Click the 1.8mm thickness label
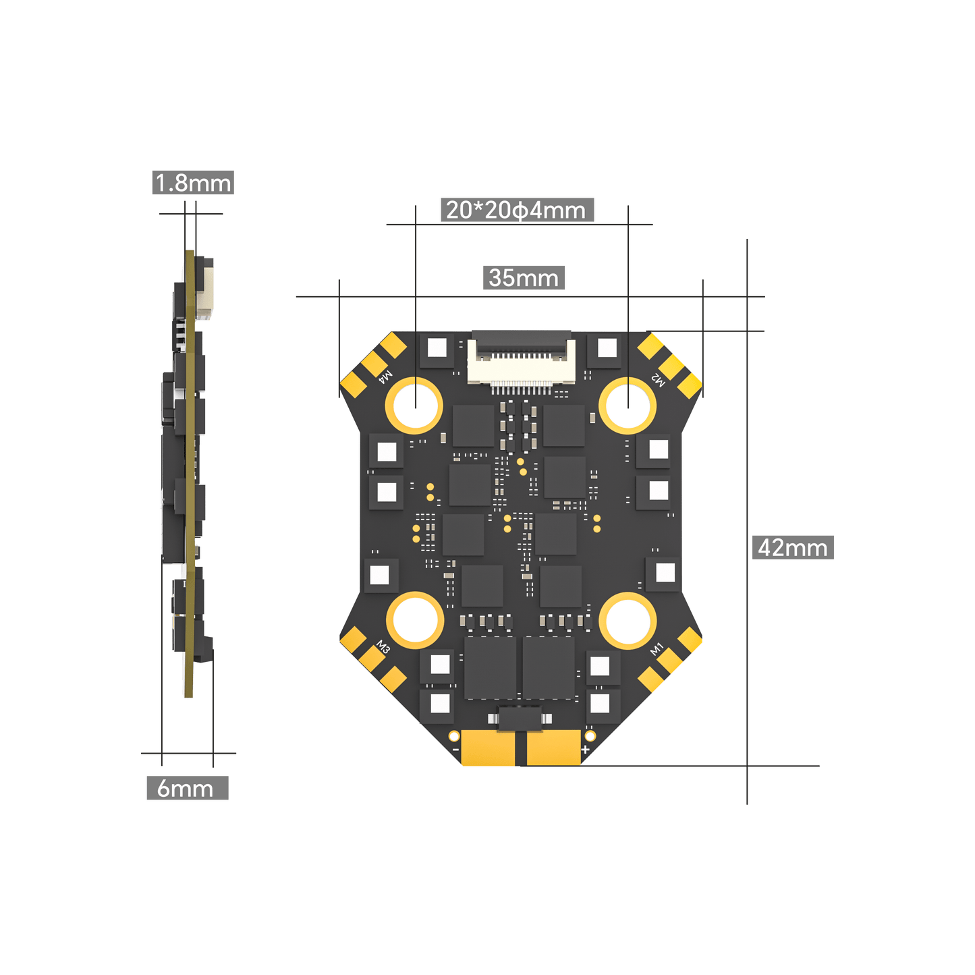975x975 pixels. [193, 183]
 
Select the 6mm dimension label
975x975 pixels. [187, 788]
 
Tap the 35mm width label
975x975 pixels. [524, 278]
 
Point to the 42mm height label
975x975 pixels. [793, 547]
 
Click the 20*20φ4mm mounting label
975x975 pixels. [516, 210]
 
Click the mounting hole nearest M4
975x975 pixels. [414, 406]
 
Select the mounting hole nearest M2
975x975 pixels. [628, 405]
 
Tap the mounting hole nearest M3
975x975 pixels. [414, 620]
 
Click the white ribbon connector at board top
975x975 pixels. [522, 360]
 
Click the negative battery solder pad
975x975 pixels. [489, 748]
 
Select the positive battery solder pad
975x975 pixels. [553, 748]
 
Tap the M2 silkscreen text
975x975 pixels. [657, 380]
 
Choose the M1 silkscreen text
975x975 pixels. [657, 649]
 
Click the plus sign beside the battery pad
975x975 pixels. [585, 750]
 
